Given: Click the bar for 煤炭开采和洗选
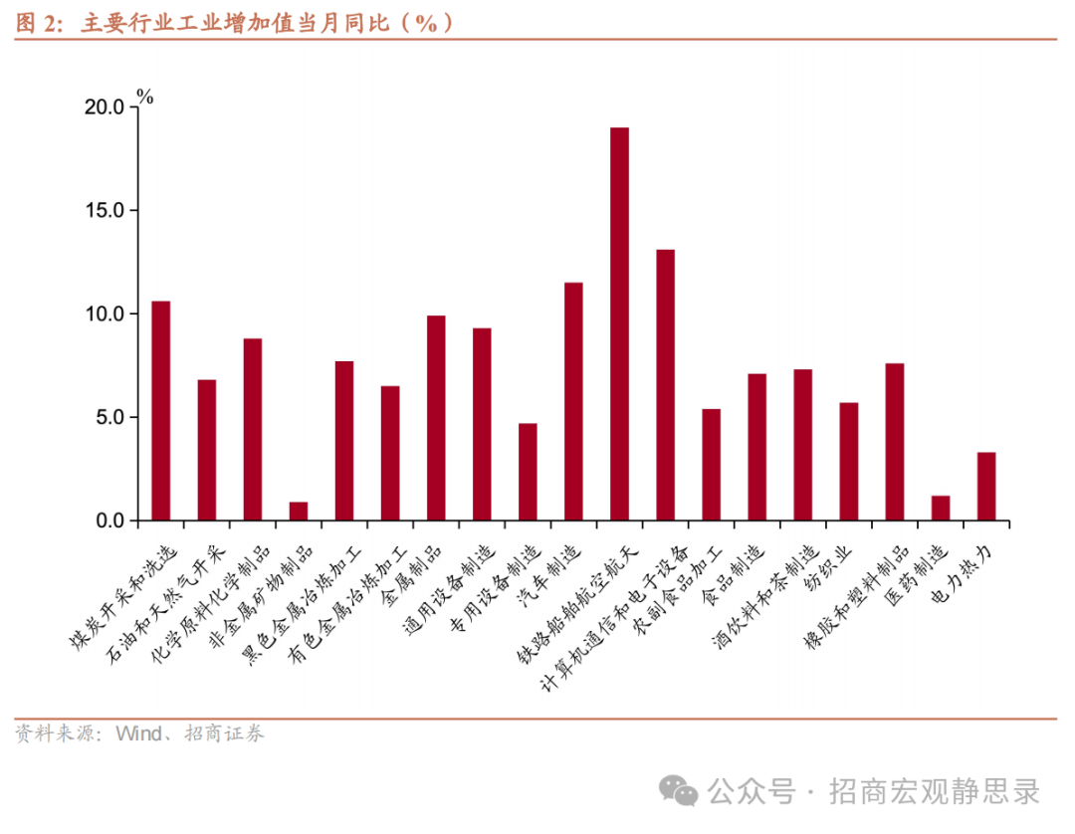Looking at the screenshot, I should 160,410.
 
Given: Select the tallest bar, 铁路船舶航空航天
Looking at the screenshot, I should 619,323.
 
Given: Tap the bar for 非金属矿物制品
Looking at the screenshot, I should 299,511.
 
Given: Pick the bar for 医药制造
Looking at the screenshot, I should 941,508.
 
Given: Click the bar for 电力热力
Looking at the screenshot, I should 986,486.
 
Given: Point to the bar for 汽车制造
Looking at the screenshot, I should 573,401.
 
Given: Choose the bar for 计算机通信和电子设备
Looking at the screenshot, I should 665,384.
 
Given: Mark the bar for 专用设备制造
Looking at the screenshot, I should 528,472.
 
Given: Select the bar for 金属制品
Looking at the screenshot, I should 436,418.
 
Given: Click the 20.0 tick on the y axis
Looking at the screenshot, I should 105,107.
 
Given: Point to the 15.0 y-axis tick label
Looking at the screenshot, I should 105,211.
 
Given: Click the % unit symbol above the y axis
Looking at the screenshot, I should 145,97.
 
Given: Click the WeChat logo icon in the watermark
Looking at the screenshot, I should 684,792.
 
